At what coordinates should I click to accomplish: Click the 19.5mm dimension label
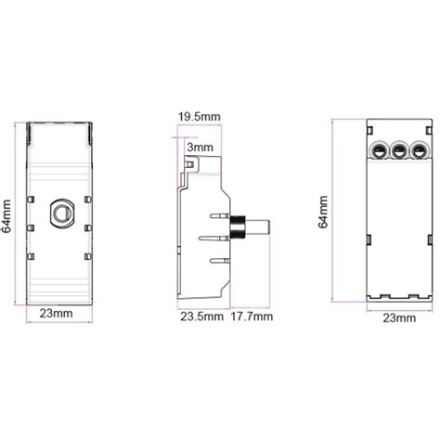tap(200, 116)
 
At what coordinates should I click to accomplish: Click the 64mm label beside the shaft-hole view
tap(6, 215)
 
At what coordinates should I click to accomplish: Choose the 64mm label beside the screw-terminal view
tap(322, 212)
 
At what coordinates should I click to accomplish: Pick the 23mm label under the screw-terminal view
tap(399, 317)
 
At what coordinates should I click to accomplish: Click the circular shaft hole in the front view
tap(61, 212)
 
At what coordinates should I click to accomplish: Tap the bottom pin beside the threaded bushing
tap(219, 262)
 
